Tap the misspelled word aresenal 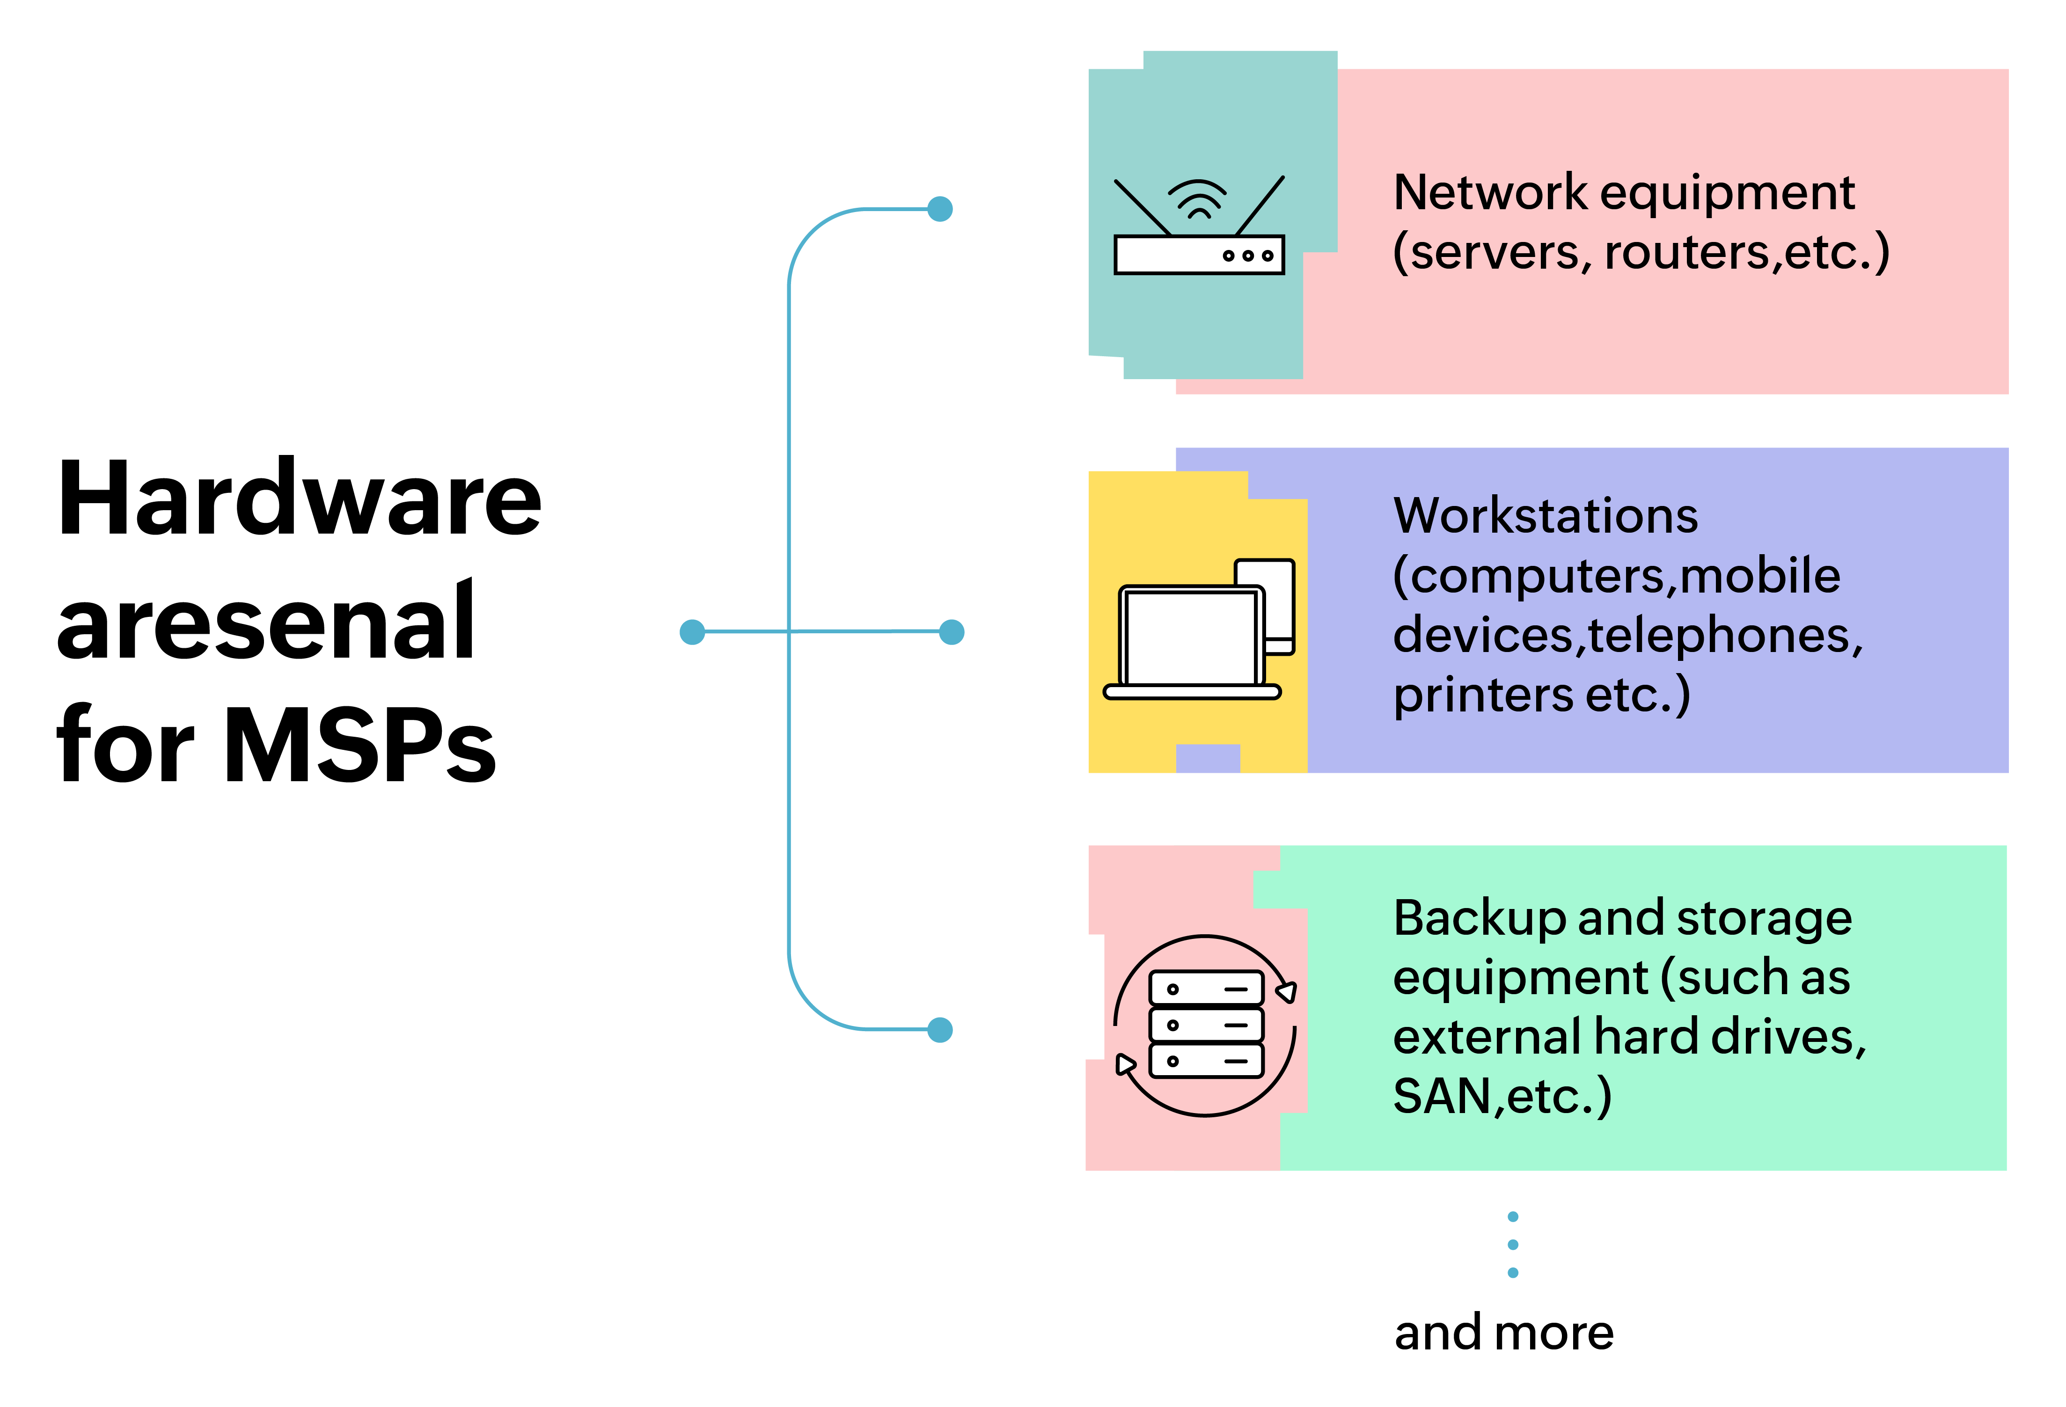[265, 622]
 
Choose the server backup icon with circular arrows [1205, 1025]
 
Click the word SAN [1442, 1096]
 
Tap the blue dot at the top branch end [940, 209]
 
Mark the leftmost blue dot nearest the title [692, 632]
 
